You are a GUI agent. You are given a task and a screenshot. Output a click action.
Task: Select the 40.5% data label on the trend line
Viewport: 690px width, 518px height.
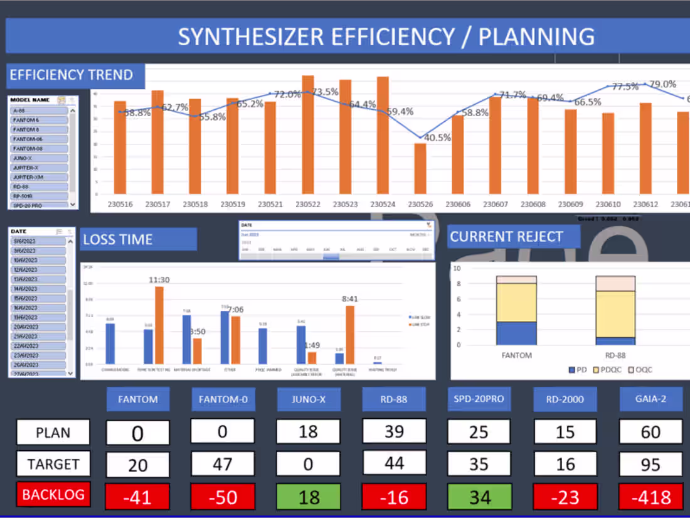click(x=437, y=138)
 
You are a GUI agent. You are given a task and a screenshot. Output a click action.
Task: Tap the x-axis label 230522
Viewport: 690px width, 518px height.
click(x=308, y=204)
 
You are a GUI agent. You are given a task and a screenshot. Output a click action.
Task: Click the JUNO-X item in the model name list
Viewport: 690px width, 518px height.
click(x=40, y=158)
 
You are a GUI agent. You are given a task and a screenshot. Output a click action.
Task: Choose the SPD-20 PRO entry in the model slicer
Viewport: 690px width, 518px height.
click(x=40, y=205)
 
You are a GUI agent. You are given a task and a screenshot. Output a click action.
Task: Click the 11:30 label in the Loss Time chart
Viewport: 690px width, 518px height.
click(x=159, y=280)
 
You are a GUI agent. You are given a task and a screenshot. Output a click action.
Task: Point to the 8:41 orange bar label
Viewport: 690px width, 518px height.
click(x=350, y=299)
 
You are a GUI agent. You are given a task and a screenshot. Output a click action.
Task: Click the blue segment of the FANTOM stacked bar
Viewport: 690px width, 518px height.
click(x=516, y=333)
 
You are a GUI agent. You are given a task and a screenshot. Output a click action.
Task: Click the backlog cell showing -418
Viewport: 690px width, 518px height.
click(x=650, y=497)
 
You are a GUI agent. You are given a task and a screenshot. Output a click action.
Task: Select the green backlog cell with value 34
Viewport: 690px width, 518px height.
click(x=480, y=497)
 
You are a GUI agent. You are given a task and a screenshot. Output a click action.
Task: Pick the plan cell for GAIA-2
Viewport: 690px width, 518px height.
click(x=650, y=432)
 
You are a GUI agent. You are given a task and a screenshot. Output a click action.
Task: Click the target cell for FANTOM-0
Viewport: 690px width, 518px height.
click(x=223, y=464)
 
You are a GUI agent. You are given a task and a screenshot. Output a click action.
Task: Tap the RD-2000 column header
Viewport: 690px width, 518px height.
click(x=565, y=399)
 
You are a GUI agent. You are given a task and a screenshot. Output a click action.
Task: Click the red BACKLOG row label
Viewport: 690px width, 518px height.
click(x=53, y=494)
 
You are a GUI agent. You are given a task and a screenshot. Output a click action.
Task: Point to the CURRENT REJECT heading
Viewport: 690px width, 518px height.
click(x=506, y=237)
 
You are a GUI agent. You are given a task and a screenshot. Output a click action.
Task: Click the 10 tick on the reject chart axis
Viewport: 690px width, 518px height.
click(x=457, y=268)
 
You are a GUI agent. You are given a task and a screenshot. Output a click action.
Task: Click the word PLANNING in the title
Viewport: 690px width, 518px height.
click(x=536, y=36)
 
